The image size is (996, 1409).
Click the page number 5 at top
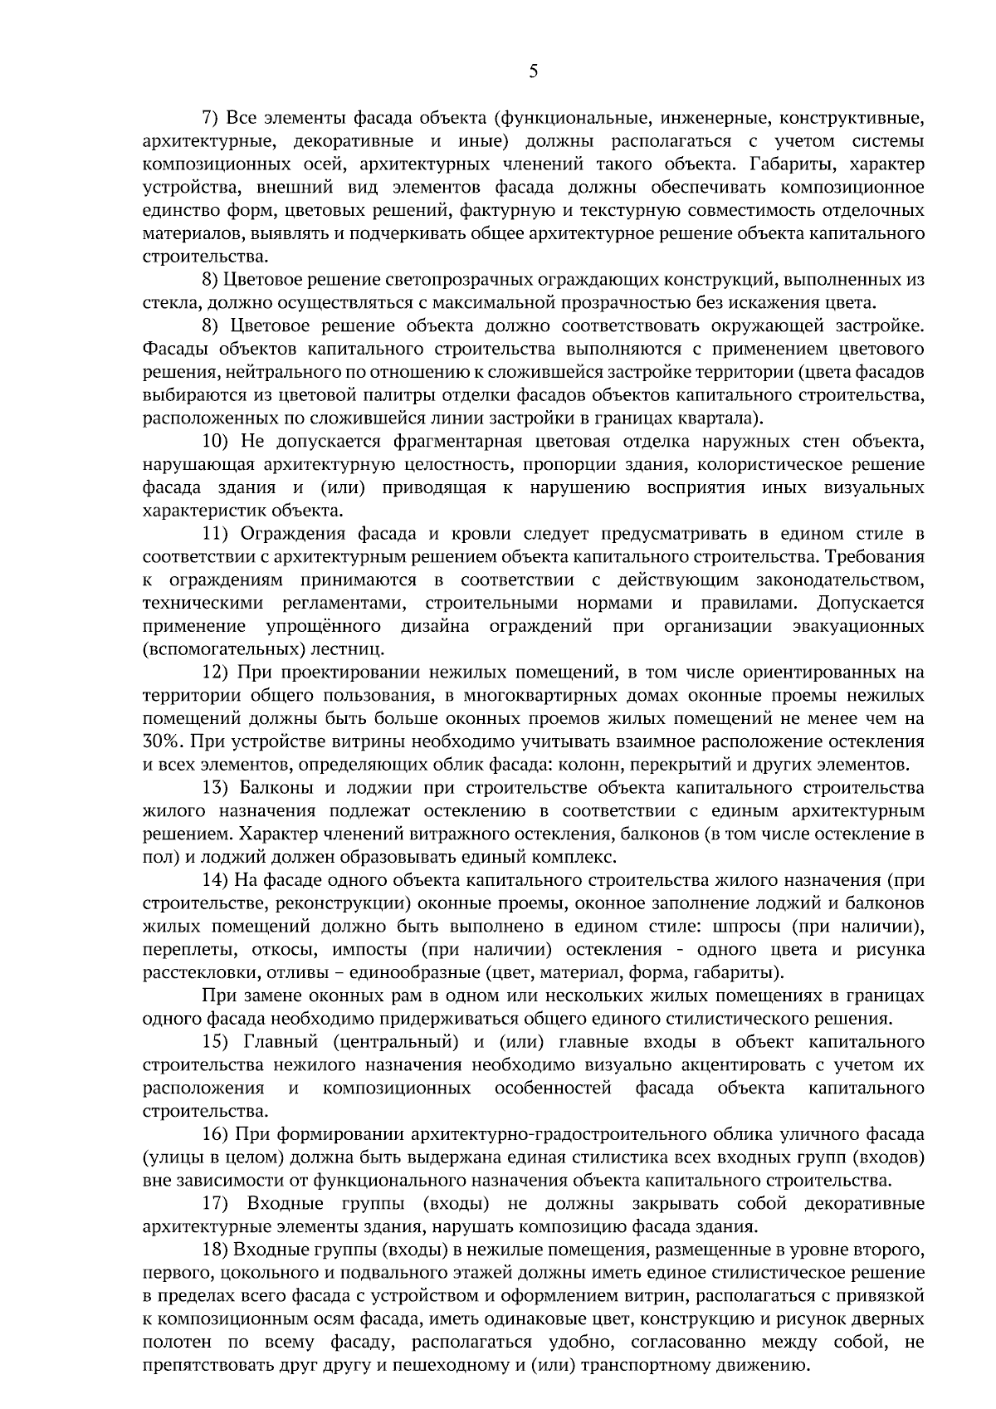tap(533, 71)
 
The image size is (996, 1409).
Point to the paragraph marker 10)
tap(215, 441)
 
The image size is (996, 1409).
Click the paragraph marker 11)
tap(215, 533)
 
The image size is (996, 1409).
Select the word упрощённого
tap(324, 625)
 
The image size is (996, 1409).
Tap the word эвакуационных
tap(859, 625)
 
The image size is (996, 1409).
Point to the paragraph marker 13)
tap(215, 787)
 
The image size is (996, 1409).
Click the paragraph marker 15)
tap(215, 1042)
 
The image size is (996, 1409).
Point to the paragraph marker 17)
tap(215, 1204)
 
